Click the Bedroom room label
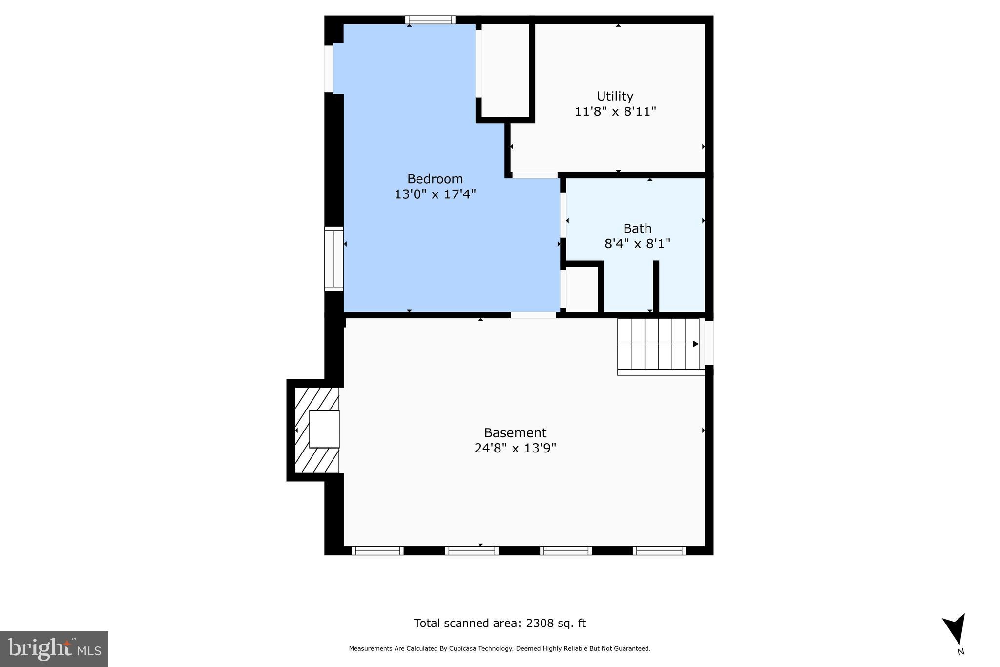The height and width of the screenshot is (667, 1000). click(x=435, y=179)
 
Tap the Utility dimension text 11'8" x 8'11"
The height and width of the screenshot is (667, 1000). click(x=615, y=112)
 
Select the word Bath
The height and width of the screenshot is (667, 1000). click(x=637, y=229)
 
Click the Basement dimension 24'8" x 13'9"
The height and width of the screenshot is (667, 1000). click(x=515, y=448)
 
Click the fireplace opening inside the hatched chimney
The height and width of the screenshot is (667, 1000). click(x=324, y=430)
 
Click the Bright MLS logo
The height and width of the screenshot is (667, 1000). click(x=54, y=649)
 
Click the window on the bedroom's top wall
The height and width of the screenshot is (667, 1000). click(x=430, y=20)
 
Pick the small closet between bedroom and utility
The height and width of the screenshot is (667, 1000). click(x=505, y=70)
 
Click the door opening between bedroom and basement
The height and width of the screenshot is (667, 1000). click(x=533, y=315)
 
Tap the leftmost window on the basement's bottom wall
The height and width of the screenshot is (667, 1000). click(x=377, y=551)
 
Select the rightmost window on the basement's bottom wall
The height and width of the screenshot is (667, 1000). click(x=659, y=551)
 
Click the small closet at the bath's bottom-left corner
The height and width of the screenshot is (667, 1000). click(x=582, y=289)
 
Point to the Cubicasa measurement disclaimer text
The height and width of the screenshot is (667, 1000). click(x=500, y=649)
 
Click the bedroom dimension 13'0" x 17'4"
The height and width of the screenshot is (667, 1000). click(x=435, y=194)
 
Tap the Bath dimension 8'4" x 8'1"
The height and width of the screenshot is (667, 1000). click(x=637, y=244)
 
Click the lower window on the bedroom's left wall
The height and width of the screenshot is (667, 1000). click(x=334, y=259)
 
